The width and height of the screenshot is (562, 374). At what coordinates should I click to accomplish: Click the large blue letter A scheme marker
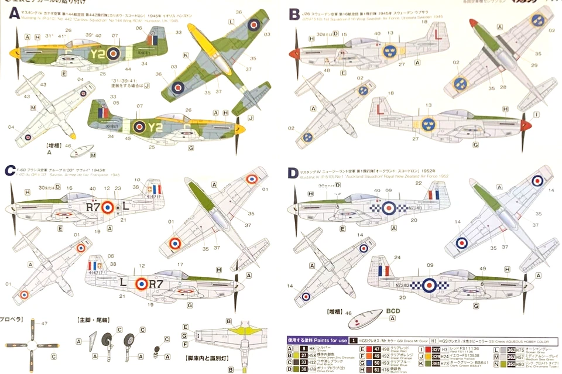12,13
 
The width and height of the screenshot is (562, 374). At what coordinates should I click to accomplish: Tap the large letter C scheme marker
10,170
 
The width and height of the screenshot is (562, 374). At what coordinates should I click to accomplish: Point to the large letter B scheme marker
294,12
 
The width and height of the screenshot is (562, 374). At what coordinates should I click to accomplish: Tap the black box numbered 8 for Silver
303,348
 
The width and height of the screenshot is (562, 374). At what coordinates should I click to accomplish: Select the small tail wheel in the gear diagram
156,352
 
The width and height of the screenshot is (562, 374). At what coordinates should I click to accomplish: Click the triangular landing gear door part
92,341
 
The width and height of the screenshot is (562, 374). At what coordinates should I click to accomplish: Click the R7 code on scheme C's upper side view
93,207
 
